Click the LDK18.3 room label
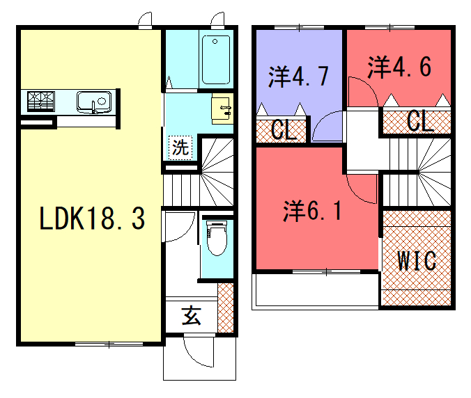(92, 218)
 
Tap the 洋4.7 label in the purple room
(299, 76)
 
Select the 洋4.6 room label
(399, 67)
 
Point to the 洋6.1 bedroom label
(312, 211)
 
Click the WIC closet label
(417, 261)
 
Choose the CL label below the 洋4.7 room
(284, 130)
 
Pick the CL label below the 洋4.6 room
(420, 121)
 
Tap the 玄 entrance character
(191, 316)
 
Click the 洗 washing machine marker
(180, 148)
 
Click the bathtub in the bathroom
(216, 60)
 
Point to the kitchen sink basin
(94, 102)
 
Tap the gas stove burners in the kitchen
(41, 102)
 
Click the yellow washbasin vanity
(222, 109)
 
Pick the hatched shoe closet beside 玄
(226, 308)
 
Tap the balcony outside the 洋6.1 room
(316, 290)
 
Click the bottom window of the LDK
(109, 344)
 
